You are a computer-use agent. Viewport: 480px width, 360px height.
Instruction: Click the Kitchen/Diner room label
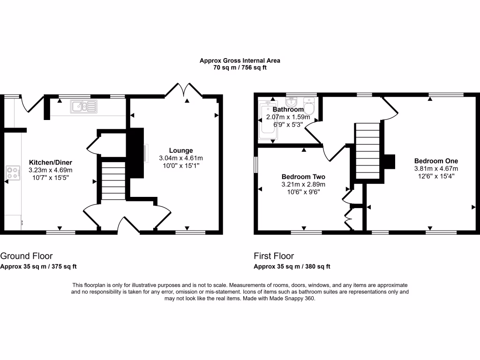(51, 163)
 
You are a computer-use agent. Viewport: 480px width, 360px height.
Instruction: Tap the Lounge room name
(181, 150)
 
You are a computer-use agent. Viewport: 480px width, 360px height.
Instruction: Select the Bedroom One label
(436, 161)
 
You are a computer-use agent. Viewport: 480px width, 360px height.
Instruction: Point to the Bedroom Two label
(303, 177)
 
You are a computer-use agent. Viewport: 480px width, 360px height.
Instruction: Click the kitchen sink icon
(83, 107)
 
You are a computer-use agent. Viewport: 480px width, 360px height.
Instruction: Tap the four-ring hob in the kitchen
(12, 173)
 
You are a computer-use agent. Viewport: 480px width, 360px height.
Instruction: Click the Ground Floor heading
(26, 256)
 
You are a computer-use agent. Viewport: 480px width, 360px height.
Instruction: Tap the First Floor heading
(274, 256)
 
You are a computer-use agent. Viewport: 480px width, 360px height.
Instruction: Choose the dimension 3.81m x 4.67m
(436, 169)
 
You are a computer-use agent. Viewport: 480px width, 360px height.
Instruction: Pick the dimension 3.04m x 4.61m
(181, 158)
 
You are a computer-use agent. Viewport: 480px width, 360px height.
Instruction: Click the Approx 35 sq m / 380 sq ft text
(292, 267)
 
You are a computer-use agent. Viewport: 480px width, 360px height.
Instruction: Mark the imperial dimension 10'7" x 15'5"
(51, 178)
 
